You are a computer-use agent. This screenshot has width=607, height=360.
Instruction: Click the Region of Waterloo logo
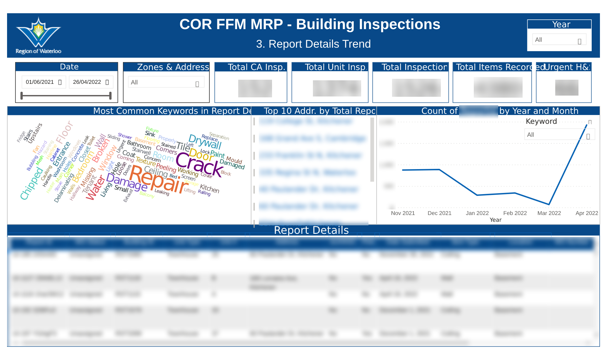[38, 35]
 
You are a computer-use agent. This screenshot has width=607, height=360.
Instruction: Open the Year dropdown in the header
[559, 40]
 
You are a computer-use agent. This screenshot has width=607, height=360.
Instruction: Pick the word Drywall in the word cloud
[205, 142]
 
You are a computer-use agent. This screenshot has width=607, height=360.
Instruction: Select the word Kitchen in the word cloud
[209, 189]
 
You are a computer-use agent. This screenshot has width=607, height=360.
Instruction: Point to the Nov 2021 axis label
[403, 213]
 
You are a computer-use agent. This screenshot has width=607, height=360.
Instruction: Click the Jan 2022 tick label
[477, 213]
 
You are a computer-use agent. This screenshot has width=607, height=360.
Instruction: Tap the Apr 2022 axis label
[586, 213]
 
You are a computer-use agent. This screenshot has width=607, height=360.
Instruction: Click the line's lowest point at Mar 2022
[549, 204]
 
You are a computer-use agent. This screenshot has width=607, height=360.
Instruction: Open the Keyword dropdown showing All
[559, 135]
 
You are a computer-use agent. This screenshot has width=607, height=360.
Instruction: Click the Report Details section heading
[311, 230]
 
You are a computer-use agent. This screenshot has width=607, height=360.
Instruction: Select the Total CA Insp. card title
[256, 67]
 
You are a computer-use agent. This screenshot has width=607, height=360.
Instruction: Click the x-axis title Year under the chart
[495, 220]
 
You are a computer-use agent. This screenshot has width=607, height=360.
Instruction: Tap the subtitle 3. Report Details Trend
[313, 44]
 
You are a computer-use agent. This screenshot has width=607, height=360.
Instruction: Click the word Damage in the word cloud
[126, 182]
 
